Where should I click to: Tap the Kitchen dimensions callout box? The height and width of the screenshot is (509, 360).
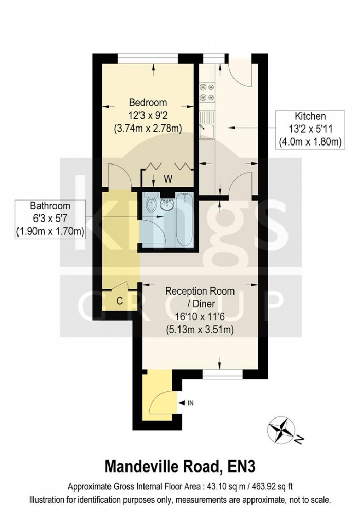point(310,129)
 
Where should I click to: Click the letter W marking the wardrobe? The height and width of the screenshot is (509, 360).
point(168,179)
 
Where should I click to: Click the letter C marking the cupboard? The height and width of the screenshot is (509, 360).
point(119,301)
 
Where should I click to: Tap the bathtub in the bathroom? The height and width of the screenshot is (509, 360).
point(184,220)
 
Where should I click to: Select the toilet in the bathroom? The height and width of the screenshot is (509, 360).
point(150,205)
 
